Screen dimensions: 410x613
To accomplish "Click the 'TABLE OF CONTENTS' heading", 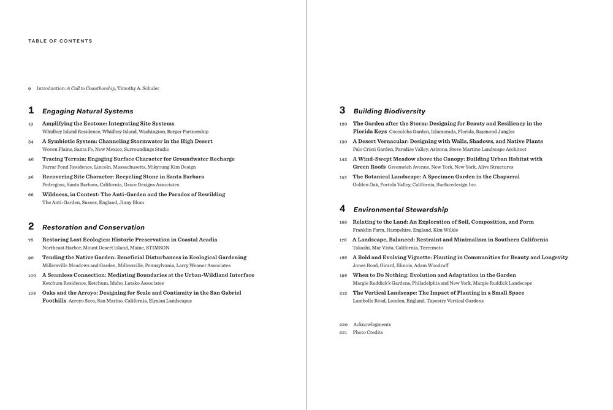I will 60,41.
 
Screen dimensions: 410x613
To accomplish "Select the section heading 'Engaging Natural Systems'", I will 87,112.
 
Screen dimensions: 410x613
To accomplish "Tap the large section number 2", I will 31,226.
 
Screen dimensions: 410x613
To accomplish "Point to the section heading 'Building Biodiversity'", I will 389,112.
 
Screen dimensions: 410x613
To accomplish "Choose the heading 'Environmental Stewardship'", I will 400,210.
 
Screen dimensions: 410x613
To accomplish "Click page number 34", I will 31,142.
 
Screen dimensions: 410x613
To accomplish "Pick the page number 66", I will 31,195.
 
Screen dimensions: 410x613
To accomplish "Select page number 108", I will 32,293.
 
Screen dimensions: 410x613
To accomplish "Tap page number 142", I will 343,159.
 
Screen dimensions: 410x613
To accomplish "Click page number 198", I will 343,276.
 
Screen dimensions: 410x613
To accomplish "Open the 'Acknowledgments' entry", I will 371,325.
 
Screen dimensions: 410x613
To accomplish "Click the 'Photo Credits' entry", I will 368,333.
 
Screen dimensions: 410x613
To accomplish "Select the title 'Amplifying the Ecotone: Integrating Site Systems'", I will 108,124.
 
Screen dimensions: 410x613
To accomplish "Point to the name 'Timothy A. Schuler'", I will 138,88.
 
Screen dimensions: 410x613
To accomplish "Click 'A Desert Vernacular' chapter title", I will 447,142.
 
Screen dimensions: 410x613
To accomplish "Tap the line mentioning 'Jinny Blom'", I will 93,203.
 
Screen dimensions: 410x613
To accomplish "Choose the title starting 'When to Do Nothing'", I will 434,276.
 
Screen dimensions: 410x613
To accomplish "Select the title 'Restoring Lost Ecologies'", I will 129,240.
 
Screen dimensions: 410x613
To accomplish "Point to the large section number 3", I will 342,110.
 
